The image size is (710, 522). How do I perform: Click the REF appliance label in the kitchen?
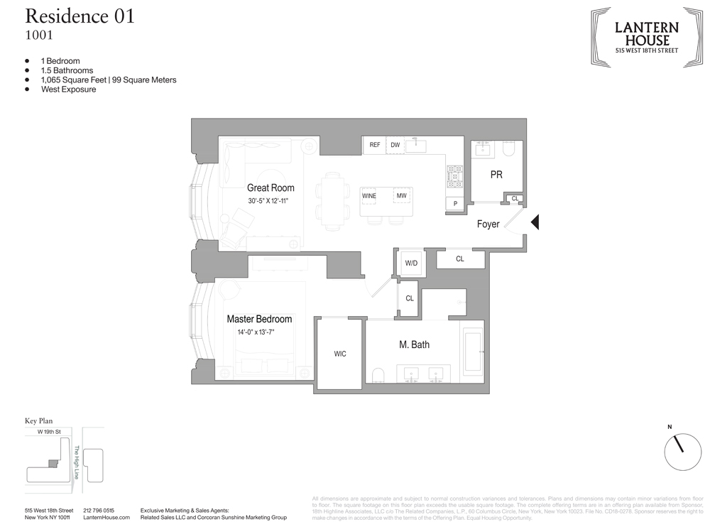374,146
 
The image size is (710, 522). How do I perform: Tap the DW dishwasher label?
395,146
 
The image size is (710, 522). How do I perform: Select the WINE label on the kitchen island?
369,196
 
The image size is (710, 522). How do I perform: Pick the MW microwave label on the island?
402,196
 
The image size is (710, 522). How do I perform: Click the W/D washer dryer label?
411,263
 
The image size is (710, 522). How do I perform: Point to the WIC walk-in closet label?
340,354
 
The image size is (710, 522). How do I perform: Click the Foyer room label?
488,224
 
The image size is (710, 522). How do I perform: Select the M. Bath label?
414,344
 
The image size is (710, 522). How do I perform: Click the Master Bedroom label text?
259,319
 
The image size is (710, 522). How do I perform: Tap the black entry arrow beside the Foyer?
536,222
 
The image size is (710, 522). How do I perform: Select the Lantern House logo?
646,37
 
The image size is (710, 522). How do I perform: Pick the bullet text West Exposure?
68,89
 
